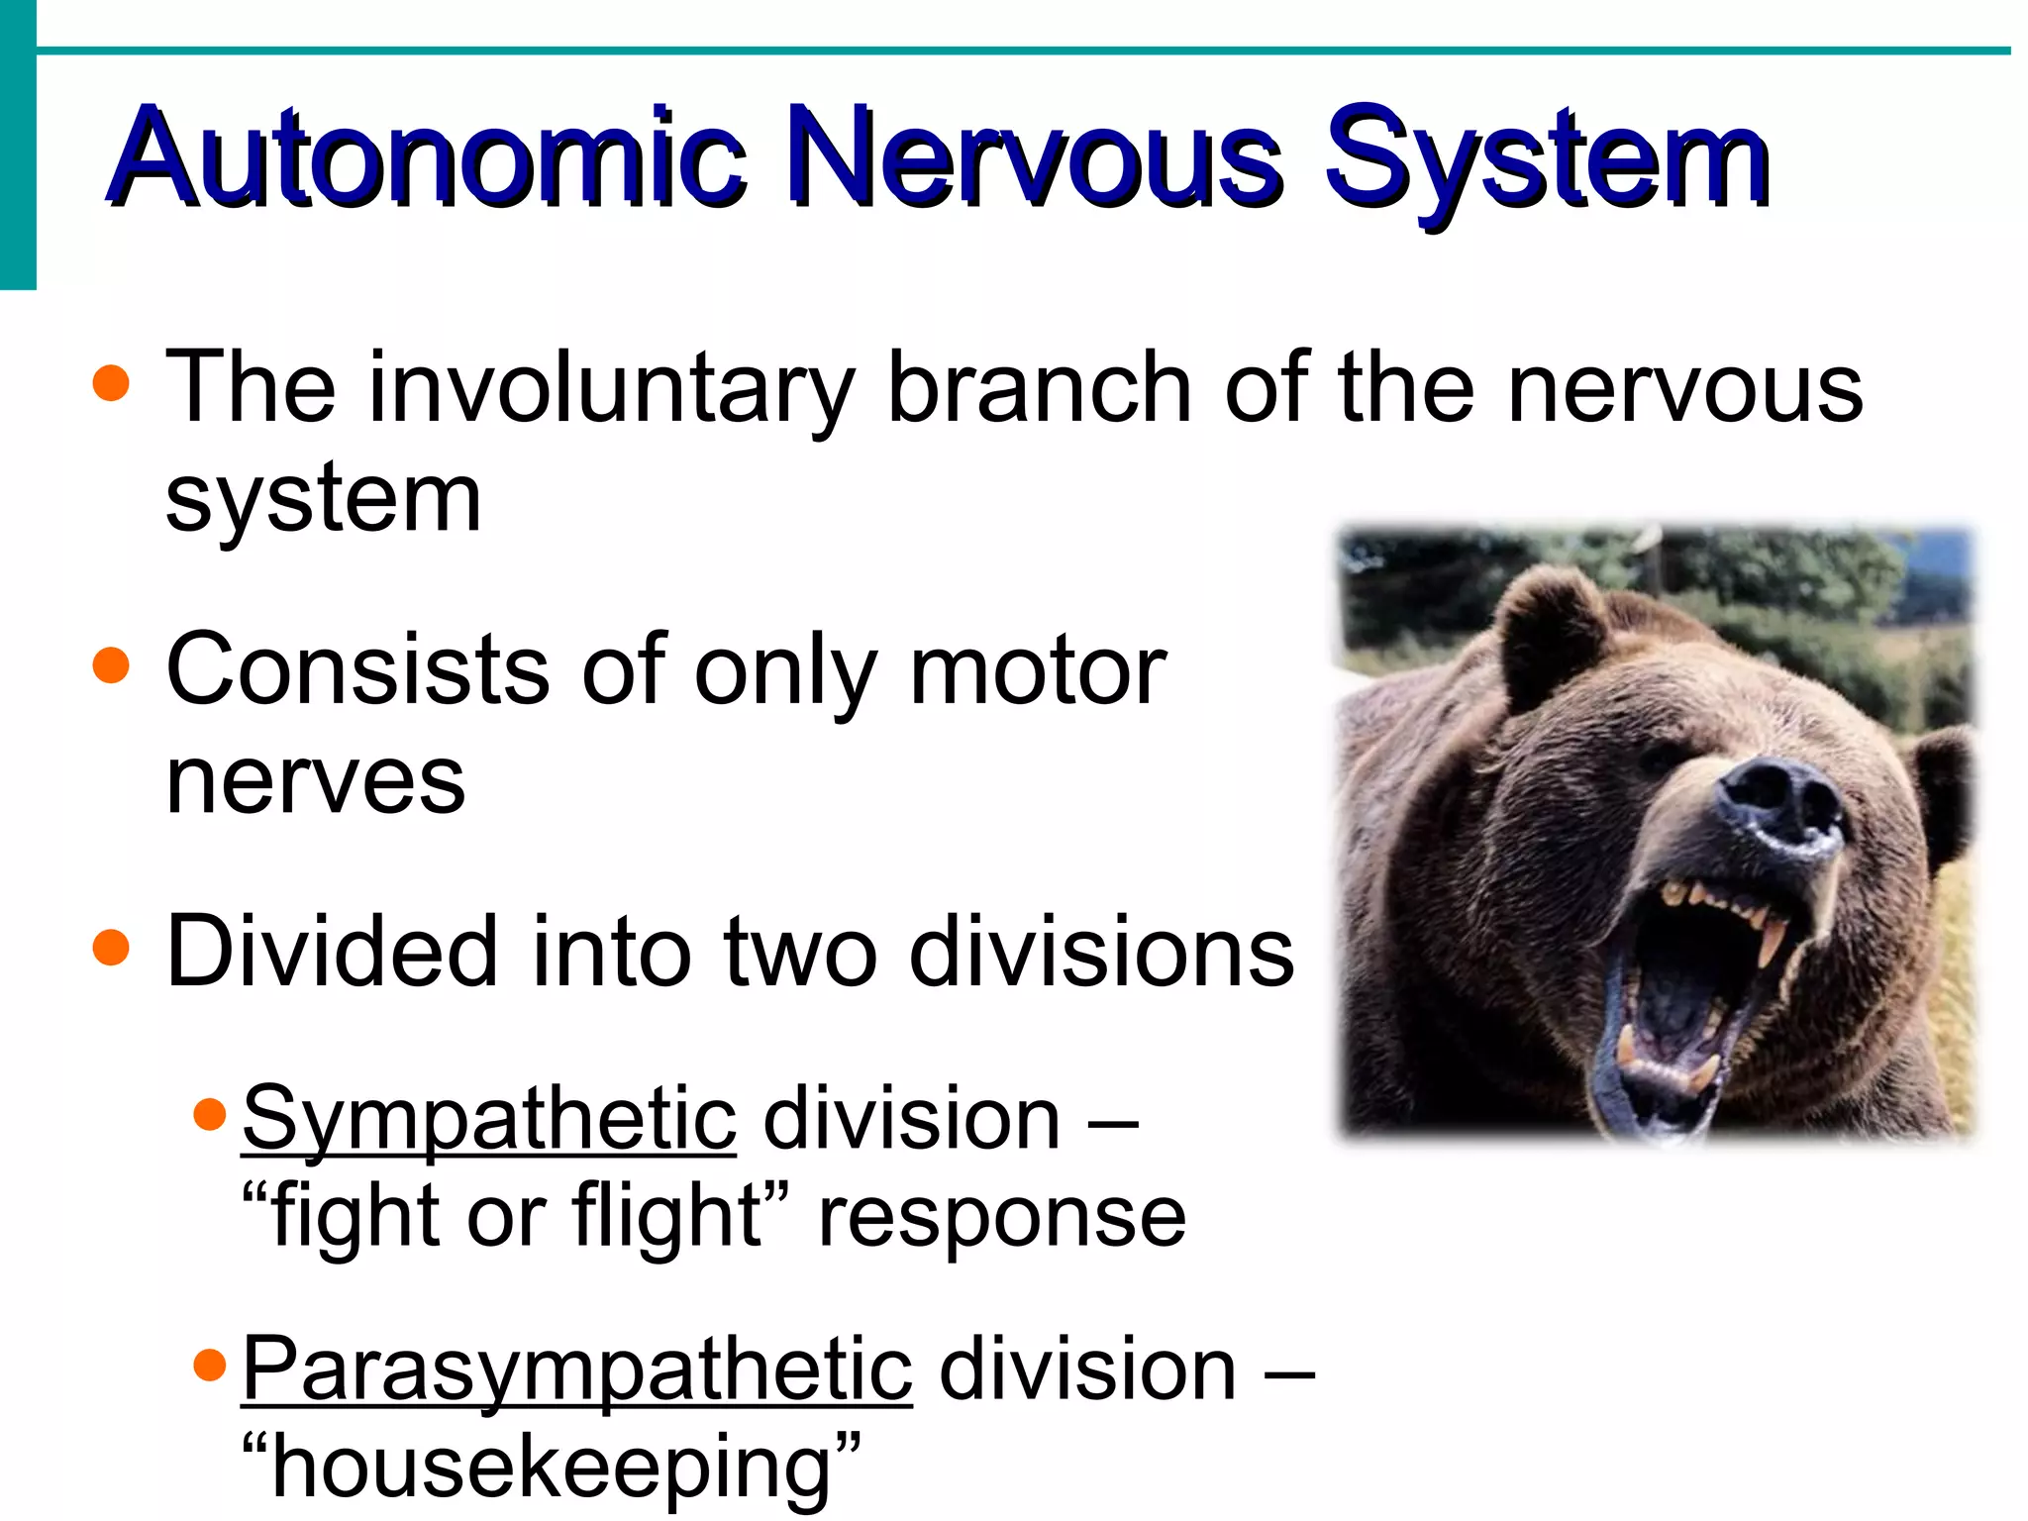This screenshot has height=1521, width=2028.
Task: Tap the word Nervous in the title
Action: (1040, 158)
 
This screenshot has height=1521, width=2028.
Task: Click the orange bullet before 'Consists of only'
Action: (111, 665)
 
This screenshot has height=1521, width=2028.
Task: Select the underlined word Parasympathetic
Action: (576, 1371)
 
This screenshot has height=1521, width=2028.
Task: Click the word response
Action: (1002, 1218)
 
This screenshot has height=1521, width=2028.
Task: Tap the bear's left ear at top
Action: (1545, 634)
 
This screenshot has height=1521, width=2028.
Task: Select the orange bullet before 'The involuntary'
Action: (111, 383)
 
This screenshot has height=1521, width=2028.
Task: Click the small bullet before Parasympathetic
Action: (210, 1367)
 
